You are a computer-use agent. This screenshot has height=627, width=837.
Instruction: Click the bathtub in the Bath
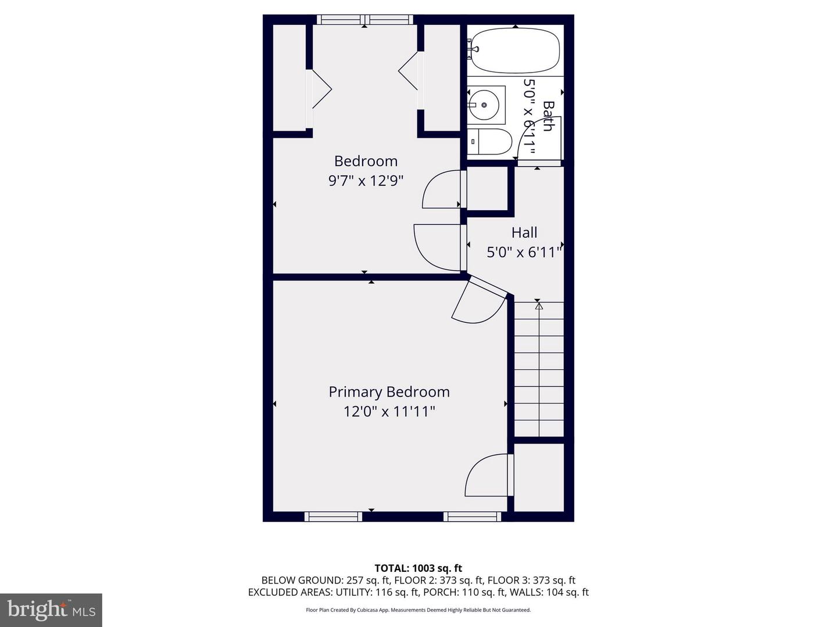pyautogui.click(x=515, y=51)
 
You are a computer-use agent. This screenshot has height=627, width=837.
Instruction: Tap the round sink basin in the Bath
pyautogui.click(x=484, y=105)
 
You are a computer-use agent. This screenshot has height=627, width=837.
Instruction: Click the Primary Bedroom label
pyautogui.click(x=389, y=392)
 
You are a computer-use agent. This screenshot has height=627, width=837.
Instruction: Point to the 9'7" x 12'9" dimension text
pyautogui.click(x=366, y=181)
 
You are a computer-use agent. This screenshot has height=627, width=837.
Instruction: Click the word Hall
pyautogui.click(x=524, y=233)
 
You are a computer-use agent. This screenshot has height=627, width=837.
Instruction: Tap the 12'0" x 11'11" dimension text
pyautogui.click(x=389, y=412)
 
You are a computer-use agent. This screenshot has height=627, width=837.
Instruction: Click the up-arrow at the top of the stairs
pyautogui.click(x=538, y=305)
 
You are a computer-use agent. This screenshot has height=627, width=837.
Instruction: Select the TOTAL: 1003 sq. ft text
pyautogui.click(x=419, y=568)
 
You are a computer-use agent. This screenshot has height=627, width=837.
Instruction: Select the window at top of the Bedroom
pyautogui.click(x=365, y=19)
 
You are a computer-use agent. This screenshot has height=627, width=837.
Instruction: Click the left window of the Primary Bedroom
pyautogui.click(x=333, y=517)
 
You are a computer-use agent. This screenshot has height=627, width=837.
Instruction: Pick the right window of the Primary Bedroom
pyautogui.click(x=472, y=517)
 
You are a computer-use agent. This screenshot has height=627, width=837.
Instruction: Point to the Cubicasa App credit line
pyautogui.click(x=419, y=610)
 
